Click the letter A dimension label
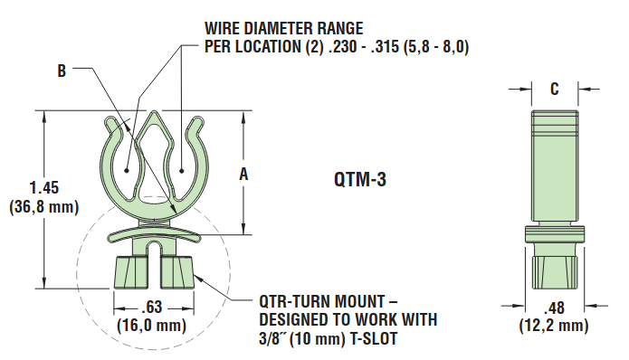point(243,175)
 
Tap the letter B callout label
point(62,70)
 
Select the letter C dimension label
point(554,89)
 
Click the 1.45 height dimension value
point(43,188)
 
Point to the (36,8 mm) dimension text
point(43,206)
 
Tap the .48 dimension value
point(553,306)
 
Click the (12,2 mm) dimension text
point(553,324)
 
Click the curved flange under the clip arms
point(155,233)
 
